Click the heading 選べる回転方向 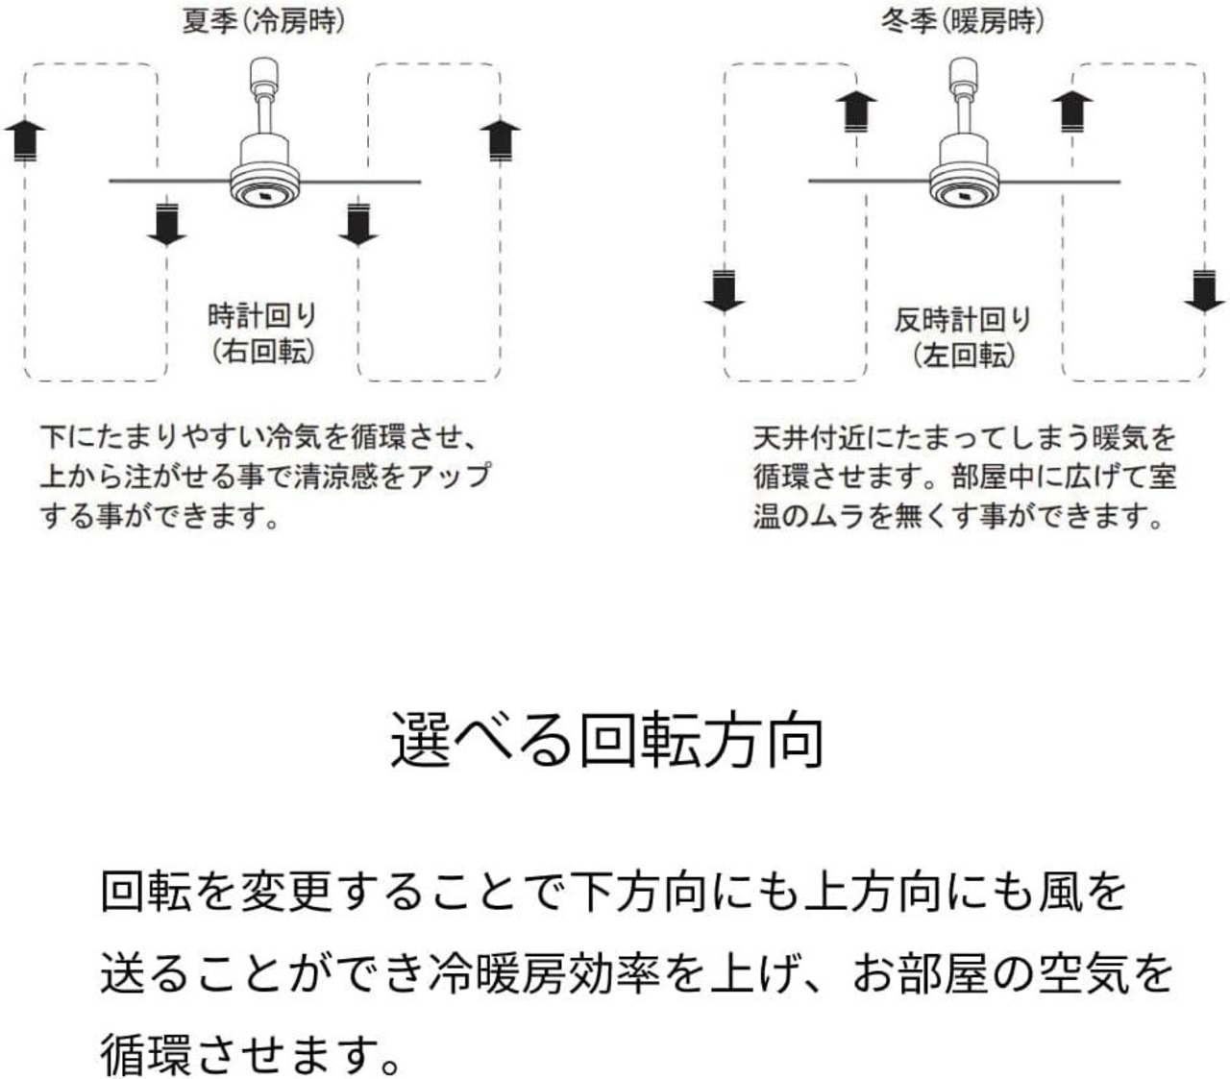[x=607, y=739]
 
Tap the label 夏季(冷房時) [x=262, y=21]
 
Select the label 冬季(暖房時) [x=962, y=21]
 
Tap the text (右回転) [x=262, y=352]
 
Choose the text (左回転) [x=963, y=356]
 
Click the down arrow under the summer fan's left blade [x=167, y=223]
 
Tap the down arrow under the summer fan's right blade [x=357, y=223]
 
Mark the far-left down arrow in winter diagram [x=724, y=291]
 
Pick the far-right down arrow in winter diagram [x=1204, y=291]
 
